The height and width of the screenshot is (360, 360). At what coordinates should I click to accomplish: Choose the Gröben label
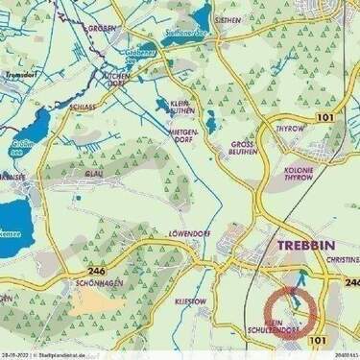[101, 28]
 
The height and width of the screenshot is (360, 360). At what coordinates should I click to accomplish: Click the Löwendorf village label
[190, 233]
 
